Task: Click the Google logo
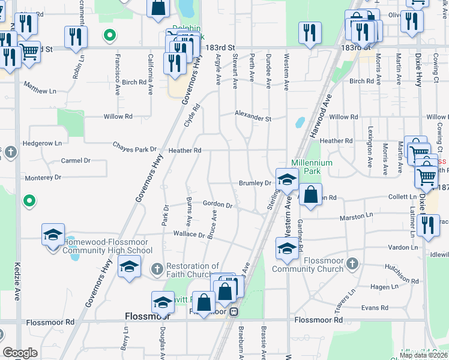tap(20, 353)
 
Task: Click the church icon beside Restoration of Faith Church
tap(157, 267)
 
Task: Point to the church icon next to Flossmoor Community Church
tap(353, 263)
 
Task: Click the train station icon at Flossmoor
tap(235, 312)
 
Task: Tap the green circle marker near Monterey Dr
tap(28, 201)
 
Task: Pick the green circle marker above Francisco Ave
tap(109, 35)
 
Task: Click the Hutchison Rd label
tap(402, 275)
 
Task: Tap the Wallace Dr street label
tap(188, 234)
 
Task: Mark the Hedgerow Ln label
tap(42, 143)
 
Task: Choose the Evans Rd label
tap(375, 307)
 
